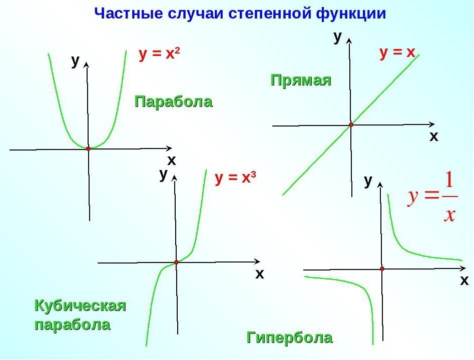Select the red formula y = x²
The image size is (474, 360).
tap(159, 54)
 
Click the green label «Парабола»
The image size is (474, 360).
tap(173, 102)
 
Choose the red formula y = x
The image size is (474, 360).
tap(397, 52)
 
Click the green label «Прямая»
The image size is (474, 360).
tap(301, 80)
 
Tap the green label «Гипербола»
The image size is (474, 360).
tap(289, 338)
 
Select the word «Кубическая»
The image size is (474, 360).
tap(80, 305)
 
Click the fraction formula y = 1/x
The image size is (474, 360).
tap(432, 197)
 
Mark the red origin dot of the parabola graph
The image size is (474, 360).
tap(88, 148)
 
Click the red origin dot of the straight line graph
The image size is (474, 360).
tap(351, 124)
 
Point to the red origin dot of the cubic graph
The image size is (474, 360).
tap(176, 262)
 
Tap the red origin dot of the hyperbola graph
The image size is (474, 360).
tap(382, 269)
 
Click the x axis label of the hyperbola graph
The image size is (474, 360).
tap(464, 281)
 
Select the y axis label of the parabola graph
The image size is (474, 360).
tap(75, 60)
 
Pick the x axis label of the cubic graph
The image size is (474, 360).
tap(259, 274)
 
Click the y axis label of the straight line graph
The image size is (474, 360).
tap(337, 36)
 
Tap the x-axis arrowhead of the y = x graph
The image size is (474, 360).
tap(432, 124)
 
